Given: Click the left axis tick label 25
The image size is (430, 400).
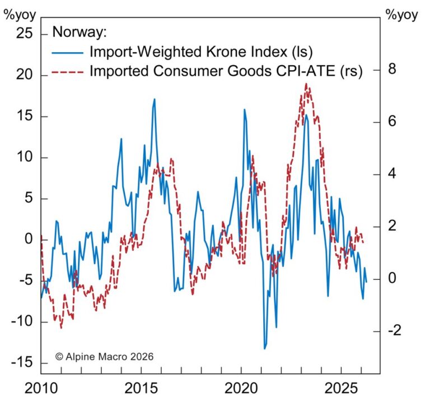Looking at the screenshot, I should [25, 35].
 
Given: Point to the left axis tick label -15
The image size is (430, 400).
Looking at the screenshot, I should [22, 363].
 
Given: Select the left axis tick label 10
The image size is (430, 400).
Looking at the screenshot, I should [25, 158].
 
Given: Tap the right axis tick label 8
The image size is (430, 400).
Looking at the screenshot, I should [394, 70].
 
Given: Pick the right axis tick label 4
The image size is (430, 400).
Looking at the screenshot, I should [394, 174].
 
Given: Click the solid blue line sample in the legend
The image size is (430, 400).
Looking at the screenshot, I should [68, 52].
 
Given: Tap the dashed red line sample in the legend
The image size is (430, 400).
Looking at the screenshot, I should [68, 71].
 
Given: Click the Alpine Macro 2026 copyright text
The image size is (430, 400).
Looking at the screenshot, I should [104, 356].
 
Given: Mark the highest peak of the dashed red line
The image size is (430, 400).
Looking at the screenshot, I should [306, 84].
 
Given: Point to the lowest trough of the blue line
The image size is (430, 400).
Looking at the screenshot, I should [265, 349].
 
